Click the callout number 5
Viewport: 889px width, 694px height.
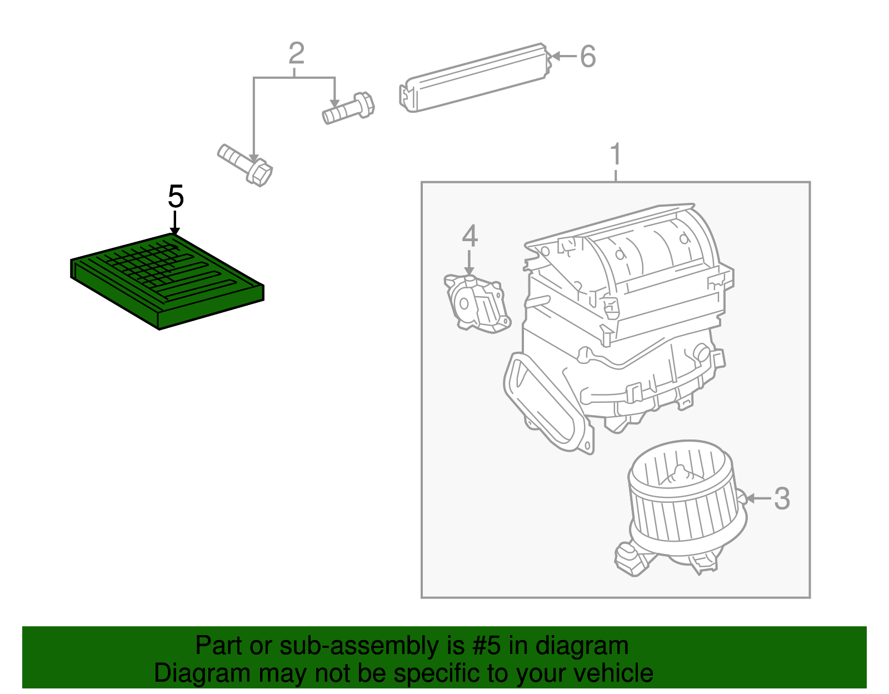[x=176, y=197]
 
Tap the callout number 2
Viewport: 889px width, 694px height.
[x=296, y=54]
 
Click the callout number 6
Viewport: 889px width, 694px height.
[x=588, y=57]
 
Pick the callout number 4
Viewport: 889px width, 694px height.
[x=470, y=236]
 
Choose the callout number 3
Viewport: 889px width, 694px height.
[x=782, y=498]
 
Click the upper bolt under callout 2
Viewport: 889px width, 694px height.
[x=349, y=108]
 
